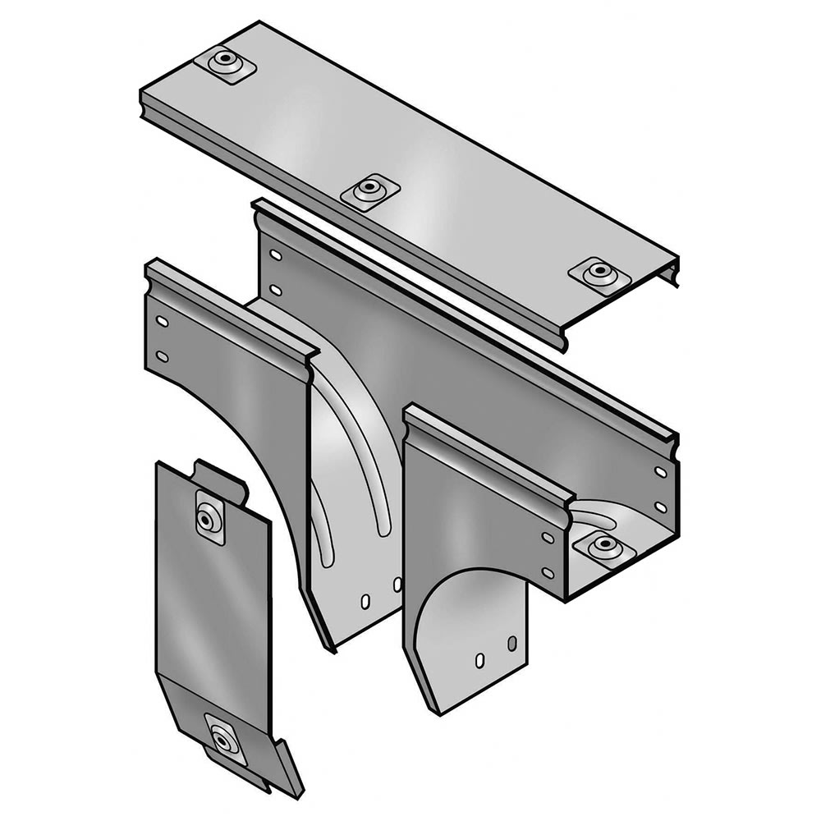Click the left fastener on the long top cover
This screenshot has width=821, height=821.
tap(224, 61)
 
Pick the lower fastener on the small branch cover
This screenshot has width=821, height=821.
tap(224, 740)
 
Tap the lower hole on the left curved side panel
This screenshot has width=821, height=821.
tap(163, 356)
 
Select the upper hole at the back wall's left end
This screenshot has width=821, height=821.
tap(276, 255)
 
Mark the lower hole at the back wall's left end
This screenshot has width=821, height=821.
tap(276, 290)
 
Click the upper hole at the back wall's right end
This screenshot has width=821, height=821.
tap(660, 472)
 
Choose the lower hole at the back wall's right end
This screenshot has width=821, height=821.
tap(660, 507)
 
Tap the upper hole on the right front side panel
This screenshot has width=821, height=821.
tap(548, 537)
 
